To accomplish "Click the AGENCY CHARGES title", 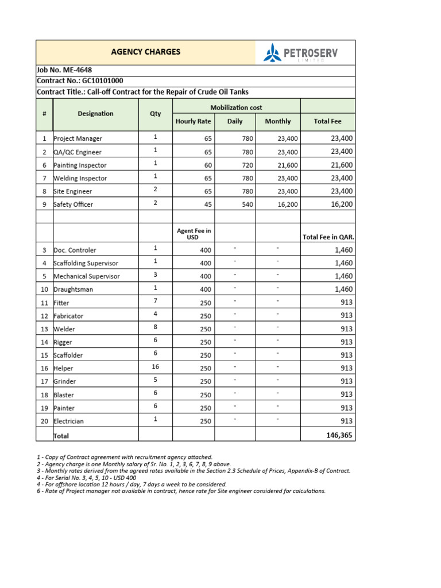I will (145, 52).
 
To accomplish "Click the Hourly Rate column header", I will (193, 121).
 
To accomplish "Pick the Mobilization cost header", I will (237, 107).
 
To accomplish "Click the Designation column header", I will (95, 114).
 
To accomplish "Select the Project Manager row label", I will (78, 138).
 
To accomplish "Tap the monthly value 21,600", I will (288, 165).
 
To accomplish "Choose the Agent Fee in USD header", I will (194, 234).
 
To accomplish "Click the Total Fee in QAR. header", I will (328, 237).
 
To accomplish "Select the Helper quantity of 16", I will (155, 367).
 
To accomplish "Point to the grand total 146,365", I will (339, 436).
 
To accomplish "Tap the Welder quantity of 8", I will (155, 327).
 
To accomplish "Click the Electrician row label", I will (69, 421).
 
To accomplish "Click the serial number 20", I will (44, 421).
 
